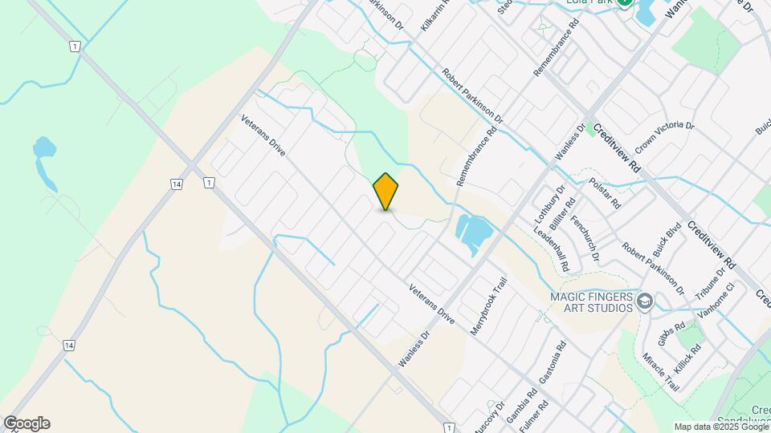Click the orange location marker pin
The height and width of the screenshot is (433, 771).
385,192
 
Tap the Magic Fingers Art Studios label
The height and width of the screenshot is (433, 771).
591,302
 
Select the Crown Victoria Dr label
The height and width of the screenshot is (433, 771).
664,137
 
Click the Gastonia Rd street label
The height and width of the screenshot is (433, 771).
553,362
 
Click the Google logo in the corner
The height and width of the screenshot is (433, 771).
27,423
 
